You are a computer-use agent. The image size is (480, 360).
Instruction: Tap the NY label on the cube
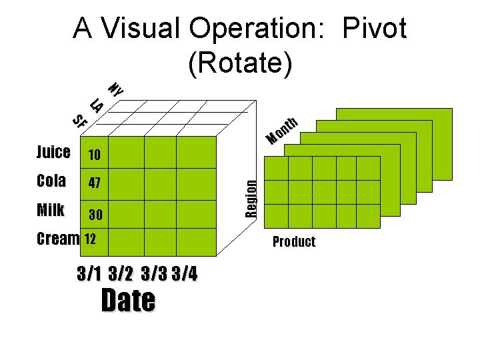115,89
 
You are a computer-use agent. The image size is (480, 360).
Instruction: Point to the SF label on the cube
79,121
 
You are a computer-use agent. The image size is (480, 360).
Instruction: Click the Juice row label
53,152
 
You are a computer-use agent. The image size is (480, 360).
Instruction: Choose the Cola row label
51,181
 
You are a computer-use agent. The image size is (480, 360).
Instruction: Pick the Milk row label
51,210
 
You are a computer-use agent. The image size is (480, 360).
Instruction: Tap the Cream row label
58,239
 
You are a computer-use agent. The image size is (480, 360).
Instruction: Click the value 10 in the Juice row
94,155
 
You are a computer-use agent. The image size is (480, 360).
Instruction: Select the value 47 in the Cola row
94,183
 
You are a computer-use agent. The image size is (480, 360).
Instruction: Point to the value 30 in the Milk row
96,215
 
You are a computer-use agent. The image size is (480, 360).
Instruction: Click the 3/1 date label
89,274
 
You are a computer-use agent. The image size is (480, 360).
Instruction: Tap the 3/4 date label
185,274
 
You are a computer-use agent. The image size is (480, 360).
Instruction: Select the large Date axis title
128,301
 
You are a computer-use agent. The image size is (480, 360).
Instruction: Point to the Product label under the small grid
293,242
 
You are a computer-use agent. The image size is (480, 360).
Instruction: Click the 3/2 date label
120,274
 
